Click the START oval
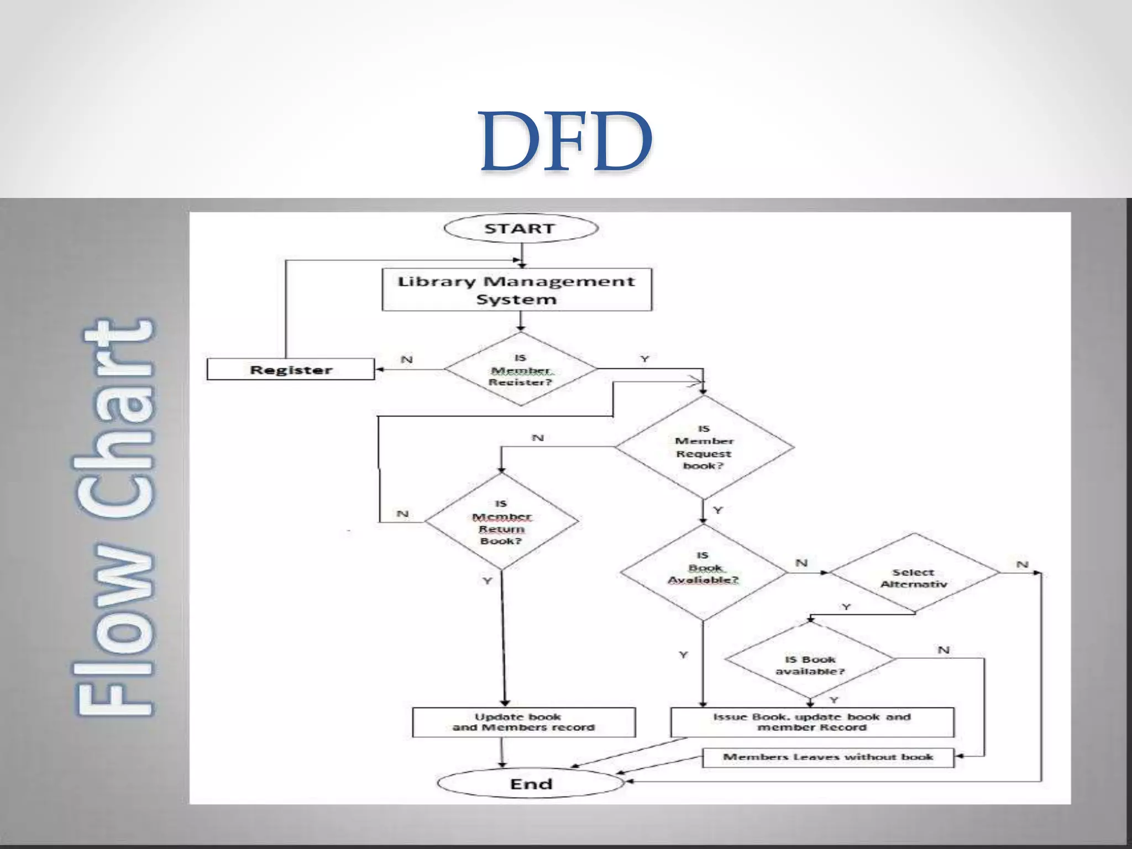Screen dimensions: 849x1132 (520, 229)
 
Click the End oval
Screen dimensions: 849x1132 (531, 784)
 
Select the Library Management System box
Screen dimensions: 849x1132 (517, 290)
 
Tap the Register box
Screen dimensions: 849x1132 (291, 369)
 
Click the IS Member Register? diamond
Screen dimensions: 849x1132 (520, 369)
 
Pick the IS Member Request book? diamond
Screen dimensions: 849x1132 (704, 447)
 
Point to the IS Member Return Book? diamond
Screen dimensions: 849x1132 (501, 522)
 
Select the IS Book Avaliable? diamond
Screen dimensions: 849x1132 (703, 573)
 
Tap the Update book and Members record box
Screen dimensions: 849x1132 (523, 722)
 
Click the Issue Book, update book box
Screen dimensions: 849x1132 (811, 722)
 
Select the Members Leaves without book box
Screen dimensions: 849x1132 (827, 757)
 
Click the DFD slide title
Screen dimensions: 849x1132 (565, 141)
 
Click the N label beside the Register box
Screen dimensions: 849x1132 (407, 359)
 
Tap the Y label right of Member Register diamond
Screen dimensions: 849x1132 (644, 359)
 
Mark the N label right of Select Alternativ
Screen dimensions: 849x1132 (1022, 564)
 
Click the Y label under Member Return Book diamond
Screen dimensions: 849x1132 (487, 581)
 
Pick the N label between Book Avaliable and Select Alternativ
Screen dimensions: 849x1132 (801, 563)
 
